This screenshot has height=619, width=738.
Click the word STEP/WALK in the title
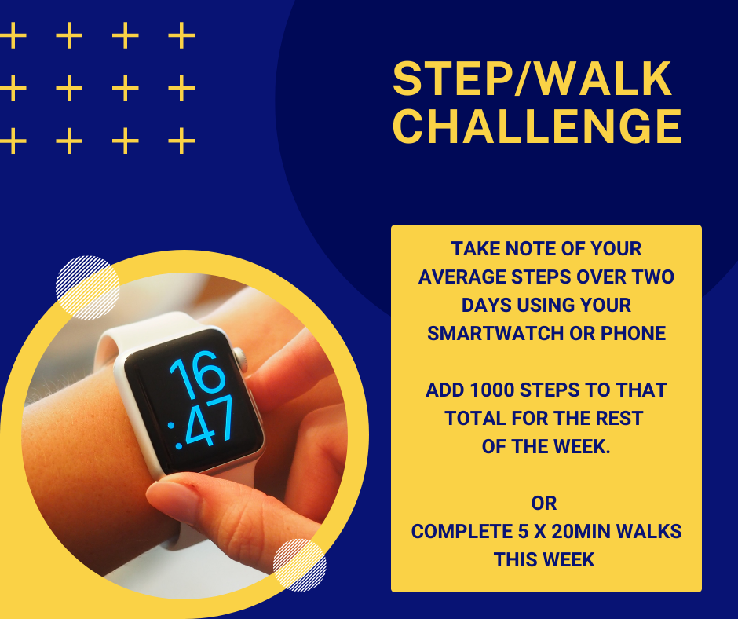click(x=532, y=79)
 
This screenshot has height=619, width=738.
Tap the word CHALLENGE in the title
click(x=537, y=126)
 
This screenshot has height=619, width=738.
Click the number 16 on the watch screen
click(x=198, y=374)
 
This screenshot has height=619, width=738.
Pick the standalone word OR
click(x=544, y=503)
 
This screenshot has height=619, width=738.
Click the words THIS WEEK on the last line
click(x=544, y=559)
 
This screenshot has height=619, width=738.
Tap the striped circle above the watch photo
click(x=88, y=288)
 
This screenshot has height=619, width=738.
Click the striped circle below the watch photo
click(x=300, y=565)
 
